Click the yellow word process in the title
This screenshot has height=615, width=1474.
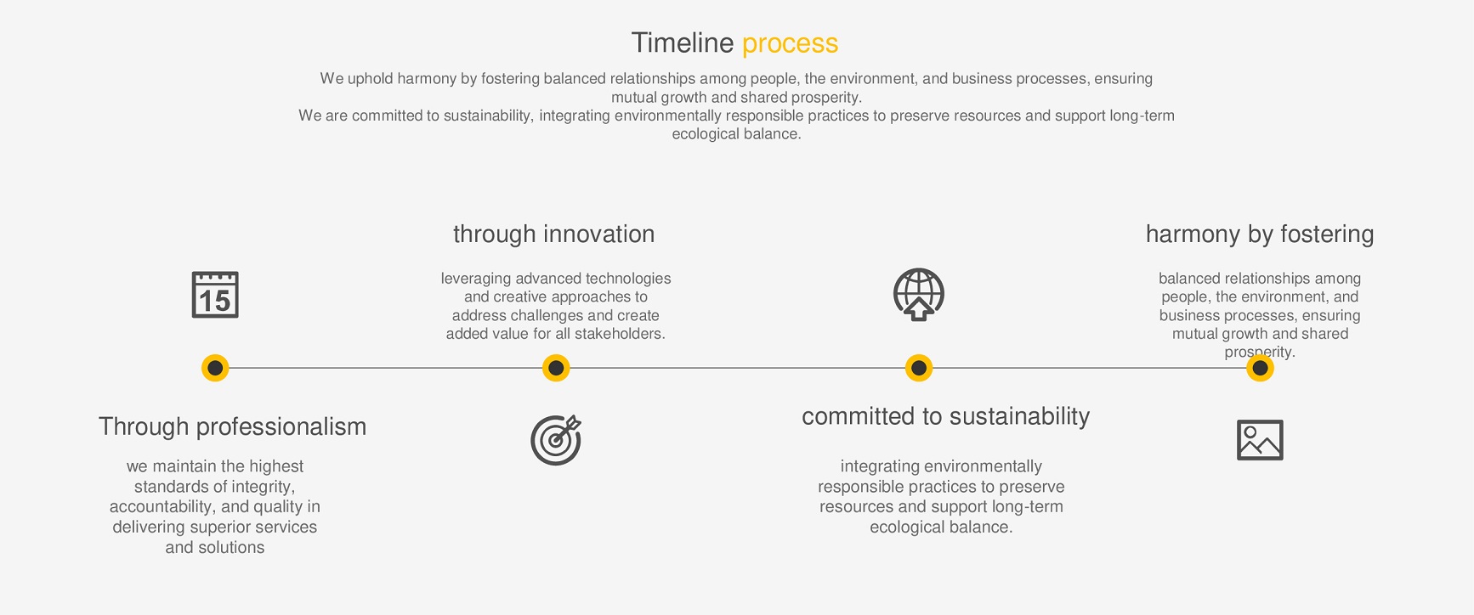(790, 44)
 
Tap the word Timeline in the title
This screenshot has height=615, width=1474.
(683, 42)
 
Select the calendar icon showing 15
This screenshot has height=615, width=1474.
(215, 295)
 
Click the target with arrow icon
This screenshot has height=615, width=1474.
(556, 440)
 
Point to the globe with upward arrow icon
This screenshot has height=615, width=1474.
(919, 295)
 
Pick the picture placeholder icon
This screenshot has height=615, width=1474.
(1260, 440)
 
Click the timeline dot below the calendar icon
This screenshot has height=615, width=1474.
(215, 368)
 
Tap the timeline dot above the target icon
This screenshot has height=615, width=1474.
(556, 368)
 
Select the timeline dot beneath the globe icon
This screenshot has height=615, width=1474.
(919, 368)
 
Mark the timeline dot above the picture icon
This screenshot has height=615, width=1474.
(1260, 368)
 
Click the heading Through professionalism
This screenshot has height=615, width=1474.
(232, 426)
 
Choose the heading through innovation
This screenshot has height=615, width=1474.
(554, 234)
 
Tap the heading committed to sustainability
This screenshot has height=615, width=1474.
(945, 416)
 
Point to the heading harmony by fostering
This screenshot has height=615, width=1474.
(1260, 234)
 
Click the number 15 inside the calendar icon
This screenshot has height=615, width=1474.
(214, 301)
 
